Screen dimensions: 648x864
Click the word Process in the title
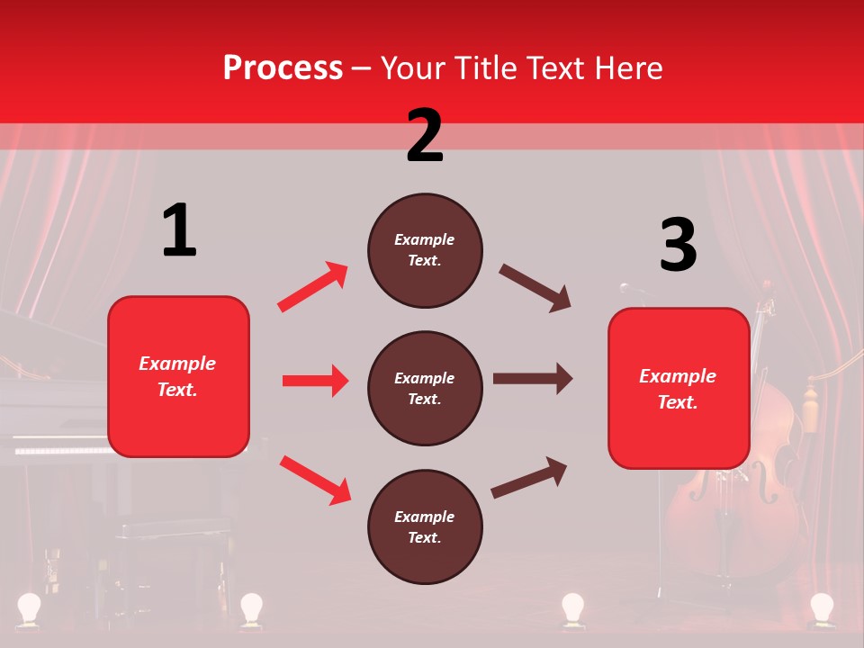pyautogui.click(x=283, y=68)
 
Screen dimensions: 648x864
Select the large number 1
pyautogui.click(x=179, y=231)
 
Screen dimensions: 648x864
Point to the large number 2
pyautogui.click(x=425, y=136)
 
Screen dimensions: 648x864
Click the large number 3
pyautogui.click(x=678, y=246)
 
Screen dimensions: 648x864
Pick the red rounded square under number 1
pyautogui.click(x=178, y=376)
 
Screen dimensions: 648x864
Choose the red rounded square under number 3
pyautogui.click(x=679, y=388)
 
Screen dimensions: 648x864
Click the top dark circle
pyautogui.click(x=425, y=250)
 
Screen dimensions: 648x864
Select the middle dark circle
pyautogui.click(x=425, y=388)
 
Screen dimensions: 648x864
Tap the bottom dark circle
pyautogui.click(x=425, y=526)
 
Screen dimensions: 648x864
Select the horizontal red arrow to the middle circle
pyautogui.click(x=315, y=381)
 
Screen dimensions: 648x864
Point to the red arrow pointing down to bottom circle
pyautogui.click(x=315, y=480)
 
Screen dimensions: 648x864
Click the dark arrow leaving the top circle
pyautogui.click(x=535, y=288)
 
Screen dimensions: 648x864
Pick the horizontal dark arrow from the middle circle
pyautogui.click(x=533, y=378)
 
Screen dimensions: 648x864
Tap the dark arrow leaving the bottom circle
pyautogui.click(x=529, y=477)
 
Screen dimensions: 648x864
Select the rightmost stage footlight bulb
pyautogui.click(x=821, y=607)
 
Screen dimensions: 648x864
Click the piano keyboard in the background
pyautogui.click(x=58, y=447)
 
